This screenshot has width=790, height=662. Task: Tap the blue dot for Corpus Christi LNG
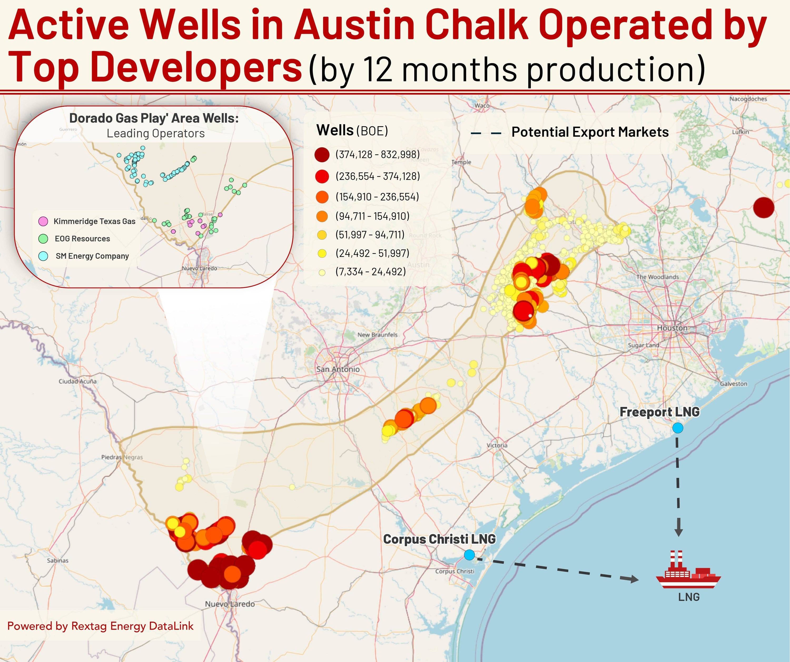click(469, 555)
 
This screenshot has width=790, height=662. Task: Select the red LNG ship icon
click(688, 570)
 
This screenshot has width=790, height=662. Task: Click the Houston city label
click(672, 328)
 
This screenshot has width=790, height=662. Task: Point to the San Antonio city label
click(338, 369)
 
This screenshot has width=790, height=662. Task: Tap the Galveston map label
click(734, 384)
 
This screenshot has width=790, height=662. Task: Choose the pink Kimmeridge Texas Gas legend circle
click(43, 221)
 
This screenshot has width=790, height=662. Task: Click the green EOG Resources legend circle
click(43, 239)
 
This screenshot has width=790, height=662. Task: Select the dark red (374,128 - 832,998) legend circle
click(322, 155)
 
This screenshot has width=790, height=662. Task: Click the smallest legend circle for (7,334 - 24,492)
click(322, 272)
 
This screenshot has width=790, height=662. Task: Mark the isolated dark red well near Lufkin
click(764, 207)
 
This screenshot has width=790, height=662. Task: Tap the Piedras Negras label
click(122, 457)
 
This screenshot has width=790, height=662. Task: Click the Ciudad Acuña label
click(77, 381)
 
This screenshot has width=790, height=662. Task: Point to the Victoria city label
click(497, 445)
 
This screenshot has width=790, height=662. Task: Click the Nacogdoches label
click(748, 99)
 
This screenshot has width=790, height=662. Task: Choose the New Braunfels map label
click(377, 335)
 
